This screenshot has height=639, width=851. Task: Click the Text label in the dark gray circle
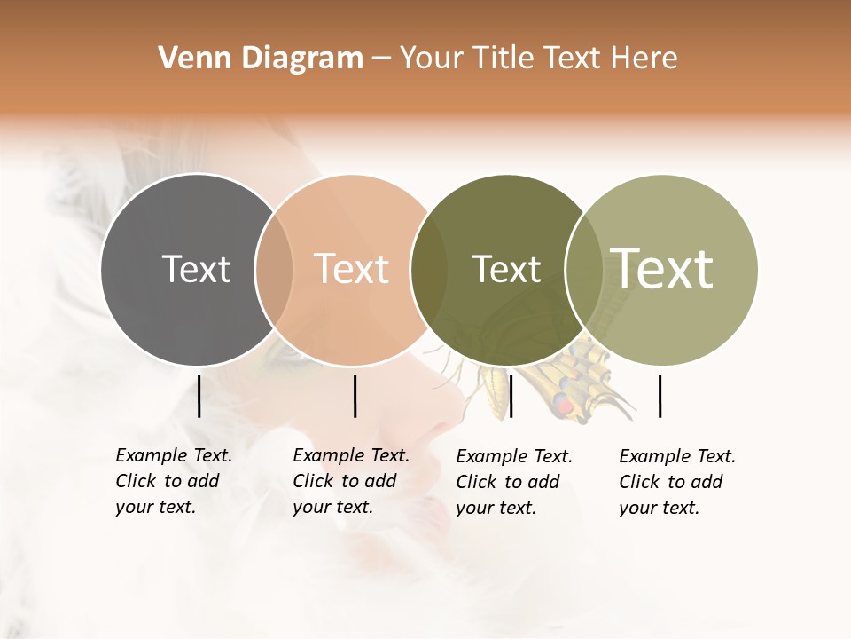tap(196, 269)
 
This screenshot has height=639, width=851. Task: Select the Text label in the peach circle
tap(351, 269)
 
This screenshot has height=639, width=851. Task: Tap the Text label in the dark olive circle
tap(506, 269)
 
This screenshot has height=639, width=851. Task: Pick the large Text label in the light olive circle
tap(662, 269)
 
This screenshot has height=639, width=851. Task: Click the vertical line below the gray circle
tap(199, 396)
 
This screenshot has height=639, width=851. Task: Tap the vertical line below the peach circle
tap(355, 396)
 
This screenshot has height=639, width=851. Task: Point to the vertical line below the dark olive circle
tap(511, 396)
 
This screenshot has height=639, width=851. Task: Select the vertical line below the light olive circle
tap(660, 396)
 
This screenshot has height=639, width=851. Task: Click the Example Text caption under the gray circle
tap(174, 481)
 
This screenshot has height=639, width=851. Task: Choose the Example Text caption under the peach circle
tap(351, 481)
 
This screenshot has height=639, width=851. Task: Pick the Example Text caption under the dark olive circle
tap(514, 482)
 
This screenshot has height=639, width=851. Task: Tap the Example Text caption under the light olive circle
tap(677, 482)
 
